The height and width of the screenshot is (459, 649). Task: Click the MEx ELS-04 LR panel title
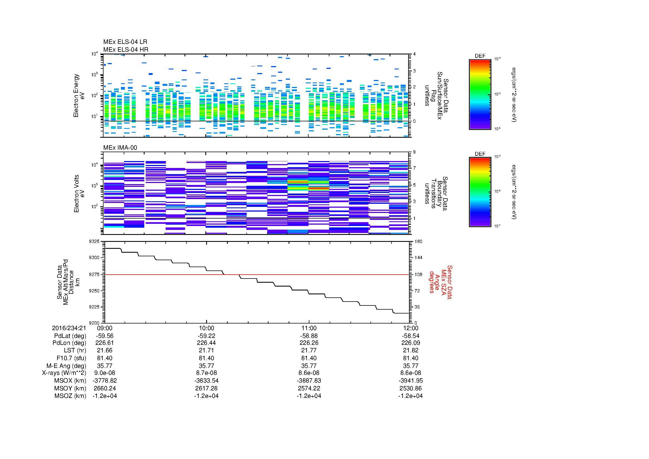pyautogui.click(x=125, y=42)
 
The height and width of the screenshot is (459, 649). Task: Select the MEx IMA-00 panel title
pyautogui.click(x=120, y=148)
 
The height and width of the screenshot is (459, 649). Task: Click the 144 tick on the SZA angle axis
pyautogui.click(x=418, y=258)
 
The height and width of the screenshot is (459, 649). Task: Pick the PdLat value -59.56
pyautogui.click(x=105, y=336)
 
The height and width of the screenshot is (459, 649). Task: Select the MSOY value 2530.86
pyautogui.click(x=410, y=388)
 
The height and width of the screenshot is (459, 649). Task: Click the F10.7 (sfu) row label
pyautogui.click(x=71, y=358)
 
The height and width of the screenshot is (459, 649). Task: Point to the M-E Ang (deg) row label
pyautogui.click(x=66, y=366)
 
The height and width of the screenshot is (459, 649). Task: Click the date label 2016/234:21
pyautogui.click(x=69, y=328)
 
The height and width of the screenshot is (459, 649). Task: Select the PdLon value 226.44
pyautogui.click(x=206, y=343)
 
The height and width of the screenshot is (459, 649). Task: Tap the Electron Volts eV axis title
pyautogui.click(x=79, y=194)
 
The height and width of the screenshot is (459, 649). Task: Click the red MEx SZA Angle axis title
pyautogui.click(x=440, y=282)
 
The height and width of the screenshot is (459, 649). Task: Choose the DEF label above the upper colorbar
pyautogui.click(x=480, y=56)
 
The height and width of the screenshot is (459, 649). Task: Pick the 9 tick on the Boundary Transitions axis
pyautogui.click(x=414, y=152)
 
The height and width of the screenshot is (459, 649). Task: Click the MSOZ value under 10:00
pyautogui.click(x=206, y=396)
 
